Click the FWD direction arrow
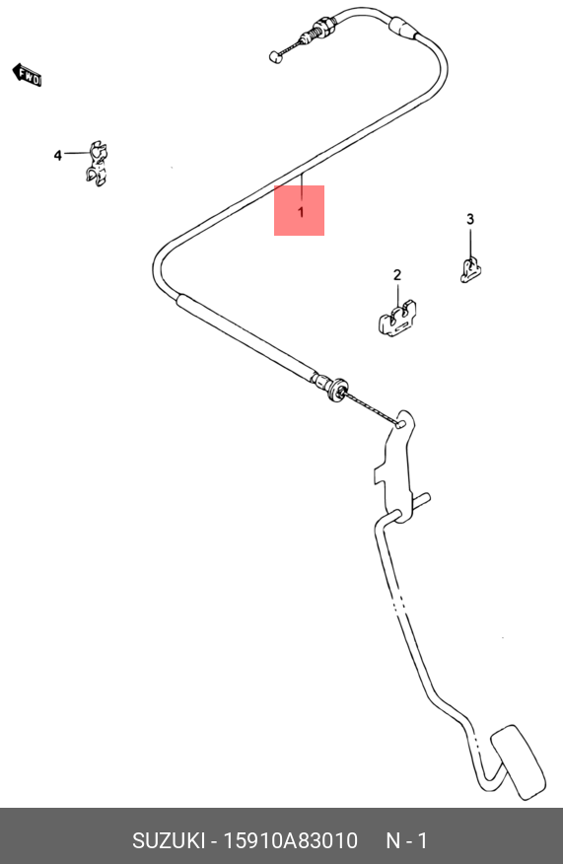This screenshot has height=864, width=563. coord(27,75)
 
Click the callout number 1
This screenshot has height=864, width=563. coord(301,212)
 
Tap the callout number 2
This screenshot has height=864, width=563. coord(397,274)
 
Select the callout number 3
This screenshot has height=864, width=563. coord(470,219)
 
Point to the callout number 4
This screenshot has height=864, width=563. coord(58,156)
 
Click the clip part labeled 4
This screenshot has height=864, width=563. coord(97,163)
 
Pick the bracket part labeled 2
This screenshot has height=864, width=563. coord(397,319)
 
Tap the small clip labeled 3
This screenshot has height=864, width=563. coord(470,270)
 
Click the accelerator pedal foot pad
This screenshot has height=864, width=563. coord(519,762)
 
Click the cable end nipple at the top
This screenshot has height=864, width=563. coord(275,56)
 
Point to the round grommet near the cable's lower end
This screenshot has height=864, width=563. coord(336,389)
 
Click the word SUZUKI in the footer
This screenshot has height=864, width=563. coord(168,841)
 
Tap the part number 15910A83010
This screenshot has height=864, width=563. coord(290,841)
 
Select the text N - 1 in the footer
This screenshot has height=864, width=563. coord(406,841)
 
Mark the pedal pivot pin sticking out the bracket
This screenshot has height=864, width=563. coord(422,500)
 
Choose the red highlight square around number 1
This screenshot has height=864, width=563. coord(299,210)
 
